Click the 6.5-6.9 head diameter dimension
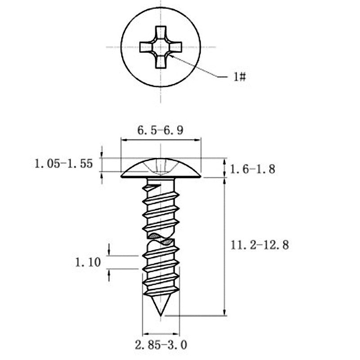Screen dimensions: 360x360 pos(160,131)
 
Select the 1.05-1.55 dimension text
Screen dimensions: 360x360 pos(63,164)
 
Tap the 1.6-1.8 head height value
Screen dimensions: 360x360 pos(252,169)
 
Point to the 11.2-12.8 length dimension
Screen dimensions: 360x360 pos(259,245)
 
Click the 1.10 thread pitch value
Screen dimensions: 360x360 pos(88,262)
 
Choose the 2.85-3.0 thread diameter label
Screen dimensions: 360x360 pos(161,345)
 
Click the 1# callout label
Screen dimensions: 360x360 pos(239,77)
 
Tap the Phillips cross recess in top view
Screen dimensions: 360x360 pos(161,47)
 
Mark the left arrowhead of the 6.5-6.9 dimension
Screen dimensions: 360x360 pos(123,140)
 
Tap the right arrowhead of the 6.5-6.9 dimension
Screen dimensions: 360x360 pos(198,140)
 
